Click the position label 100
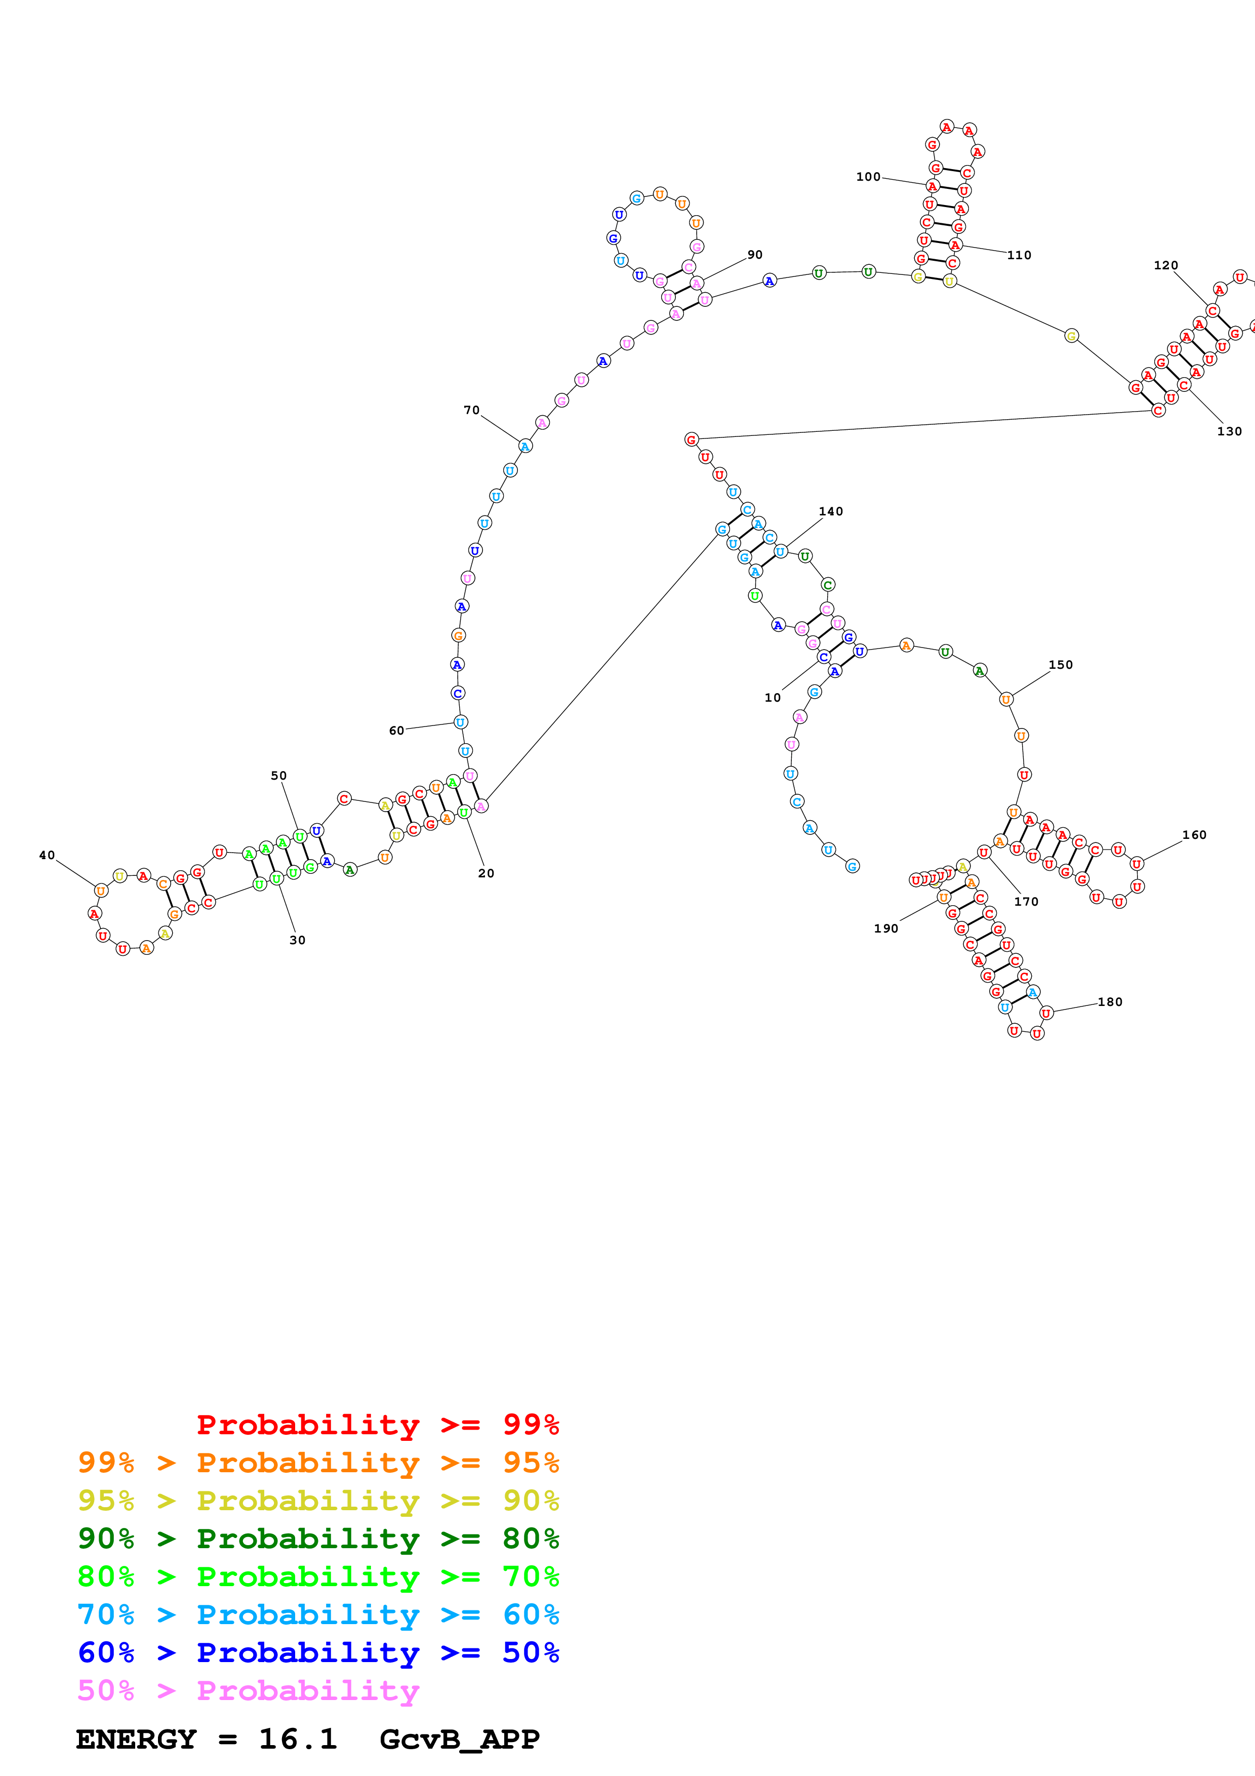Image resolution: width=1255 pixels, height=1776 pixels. tap(868, 177)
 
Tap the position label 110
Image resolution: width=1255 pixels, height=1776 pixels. tap(1019, 255)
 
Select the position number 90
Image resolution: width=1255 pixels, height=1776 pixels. tap(755, 255)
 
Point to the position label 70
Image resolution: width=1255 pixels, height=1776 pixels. tap(472, 410)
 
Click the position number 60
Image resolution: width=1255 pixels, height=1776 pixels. tap(397, 730)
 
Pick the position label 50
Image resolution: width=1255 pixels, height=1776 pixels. tap(278, 775)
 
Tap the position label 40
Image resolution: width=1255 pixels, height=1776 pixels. tap(47, 855)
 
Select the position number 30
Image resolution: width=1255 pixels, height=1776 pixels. tap(298, 940)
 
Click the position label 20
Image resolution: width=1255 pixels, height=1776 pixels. tap(485, 873)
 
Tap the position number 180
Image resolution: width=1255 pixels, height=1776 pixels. tap(1110, 1002)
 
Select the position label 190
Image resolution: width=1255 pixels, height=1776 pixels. tap(886, 928)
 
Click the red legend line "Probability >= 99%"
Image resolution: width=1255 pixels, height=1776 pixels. tap(377, 1425)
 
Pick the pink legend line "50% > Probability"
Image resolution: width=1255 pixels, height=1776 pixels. tap(248, 1690)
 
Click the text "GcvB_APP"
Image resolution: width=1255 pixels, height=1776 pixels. tap(459, 1739)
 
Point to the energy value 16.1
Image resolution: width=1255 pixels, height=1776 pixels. tap(298, 1739)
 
